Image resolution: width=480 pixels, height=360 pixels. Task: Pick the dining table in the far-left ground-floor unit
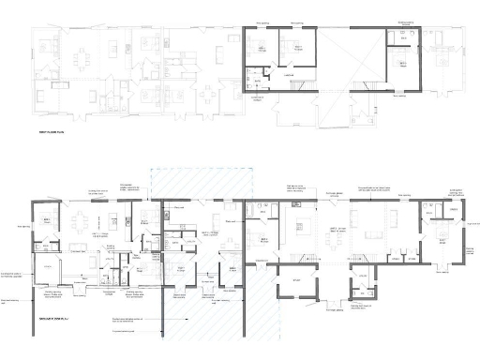83,224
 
